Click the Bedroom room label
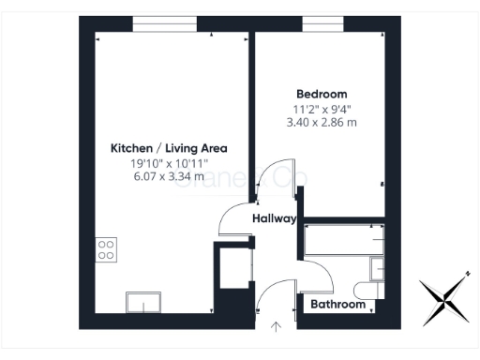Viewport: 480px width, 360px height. click(322, 94)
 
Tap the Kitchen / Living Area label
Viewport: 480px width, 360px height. click(169, 148)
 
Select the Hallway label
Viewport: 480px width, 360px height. click(274, 219)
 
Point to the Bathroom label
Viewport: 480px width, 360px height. click(337, 305)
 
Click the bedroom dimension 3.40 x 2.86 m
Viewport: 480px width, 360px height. click(322, 123)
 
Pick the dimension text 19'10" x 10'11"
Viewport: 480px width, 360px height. click(169, 163)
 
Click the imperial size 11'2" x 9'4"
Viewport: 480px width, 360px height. click(322, 109)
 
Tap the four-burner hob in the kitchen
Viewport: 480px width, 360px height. click(107, 249)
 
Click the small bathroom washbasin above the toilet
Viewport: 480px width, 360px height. click(378, 270)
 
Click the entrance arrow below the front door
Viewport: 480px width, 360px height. click(277, 326)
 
